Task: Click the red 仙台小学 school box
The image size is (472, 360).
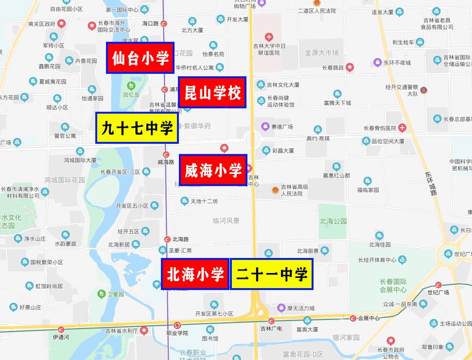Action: (140, 58)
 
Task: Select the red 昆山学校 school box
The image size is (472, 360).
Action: (212, 92)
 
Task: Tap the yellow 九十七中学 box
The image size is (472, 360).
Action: (137, 128)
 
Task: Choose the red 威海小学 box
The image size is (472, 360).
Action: (213, 170)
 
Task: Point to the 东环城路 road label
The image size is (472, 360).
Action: (428, 182)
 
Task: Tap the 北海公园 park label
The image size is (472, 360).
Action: (333, 221)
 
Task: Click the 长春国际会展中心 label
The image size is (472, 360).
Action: (393, 286)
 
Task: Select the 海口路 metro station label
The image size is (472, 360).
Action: (150, 23)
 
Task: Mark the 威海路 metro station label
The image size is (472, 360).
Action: (166, 162)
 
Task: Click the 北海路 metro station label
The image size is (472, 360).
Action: (180, 239)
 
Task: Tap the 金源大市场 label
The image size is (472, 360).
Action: (321, 52)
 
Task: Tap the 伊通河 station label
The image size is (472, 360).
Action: (61, 337)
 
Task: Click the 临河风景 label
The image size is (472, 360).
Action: (226, 221)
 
